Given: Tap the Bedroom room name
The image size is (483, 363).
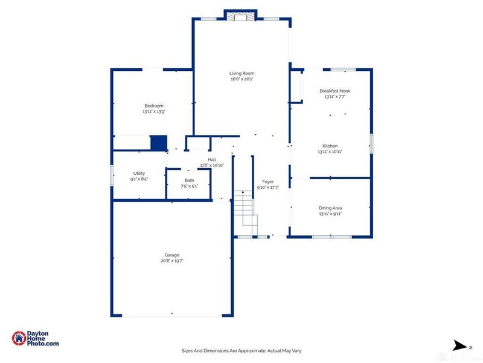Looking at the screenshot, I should pos(153,106).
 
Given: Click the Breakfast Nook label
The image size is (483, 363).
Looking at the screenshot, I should pos(334,91).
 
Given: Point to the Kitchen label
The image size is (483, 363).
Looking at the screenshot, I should pos(330,146).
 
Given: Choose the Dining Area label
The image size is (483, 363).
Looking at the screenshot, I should pos(330,208).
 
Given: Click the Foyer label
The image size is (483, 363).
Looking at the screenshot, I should pos(267,181).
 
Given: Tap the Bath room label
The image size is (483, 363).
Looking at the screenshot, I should pos(189,180).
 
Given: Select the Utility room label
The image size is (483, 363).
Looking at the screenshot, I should pos(139,173).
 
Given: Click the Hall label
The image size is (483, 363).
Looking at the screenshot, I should pos(212,160).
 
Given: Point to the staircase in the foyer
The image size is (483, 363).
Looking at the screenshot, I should pos(244,209).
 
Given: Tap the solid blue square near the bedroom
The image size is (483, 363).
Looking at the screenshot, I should pos(158,143).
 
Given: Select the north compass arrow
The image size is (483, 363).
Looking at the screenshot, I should pos(460,346).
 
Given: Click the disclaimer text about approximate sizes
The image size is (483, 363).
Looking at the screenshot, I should pos(241,350).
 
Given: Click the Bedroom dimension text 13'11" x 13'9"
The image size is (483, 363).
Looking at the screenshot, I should pos(153,111).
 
